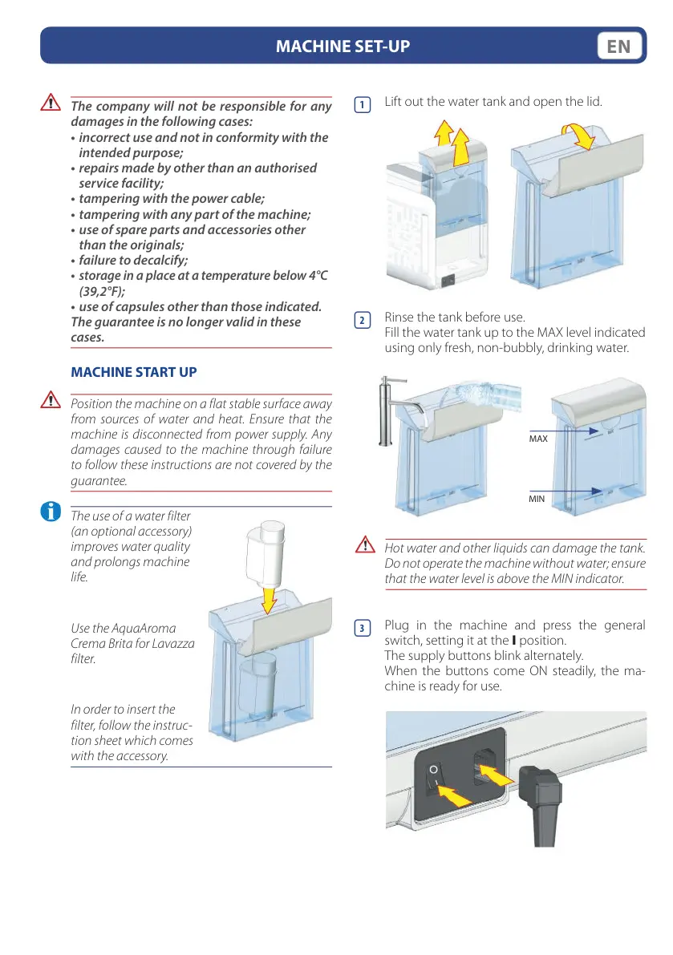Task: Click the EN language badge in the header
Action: pos(620,47)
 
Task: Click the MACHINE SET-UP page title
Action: pos(343,47)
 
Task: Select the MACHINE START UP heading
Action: pos(134,373)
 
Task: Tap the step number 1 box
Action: pos(363,105)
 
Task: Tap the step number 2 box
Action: pos(363,320)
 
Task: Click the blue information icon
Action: pos(51,512)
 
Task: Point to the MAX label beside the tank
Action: pos(538,439)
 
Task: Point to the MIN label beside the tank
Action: pos(537,499)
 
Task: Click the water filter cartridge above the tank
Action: pos(266,552)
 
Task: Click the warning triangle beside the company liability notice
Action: pos(51,103)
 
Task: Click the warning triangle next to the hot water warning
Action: pos(365,547)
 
